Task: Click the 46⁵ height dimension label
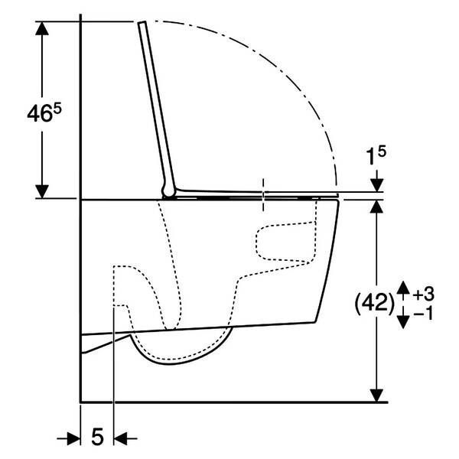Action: coord(44,113)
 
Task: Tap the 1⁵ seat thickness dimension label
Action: coord(376,156)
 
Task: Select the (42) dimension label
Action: coord(375,304)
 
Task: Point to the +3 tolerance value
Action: coord(424,294)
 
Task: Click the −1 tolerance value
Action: coord(424,314)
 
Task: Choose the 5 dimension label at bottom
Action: coord(97,436)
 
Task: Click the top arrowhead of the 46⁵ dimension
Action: coord(42,28)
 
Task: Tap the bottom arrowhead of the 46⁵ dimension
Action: coord(42,191)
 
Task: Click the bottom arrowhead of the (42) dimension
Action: coord(376,396)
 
